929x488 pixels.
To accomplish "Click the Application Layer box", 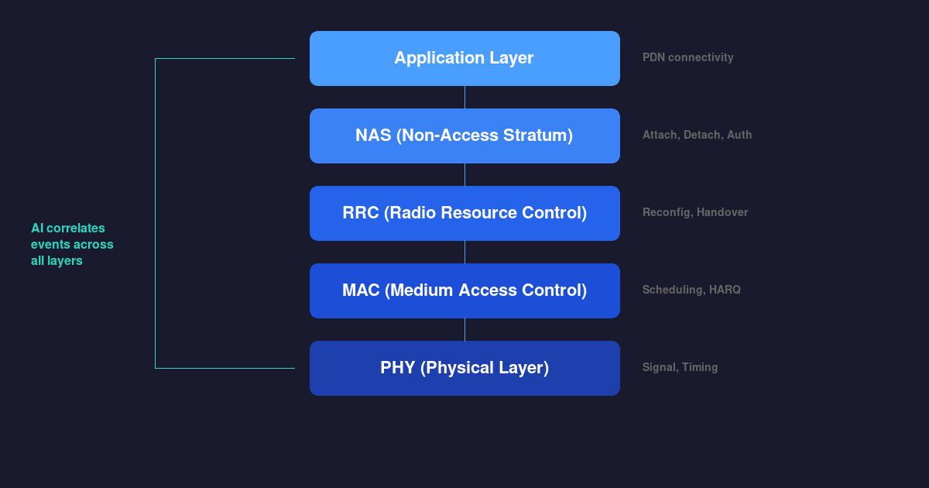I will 464,58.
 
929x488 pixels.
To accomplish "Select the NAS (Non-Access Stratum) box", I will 464,136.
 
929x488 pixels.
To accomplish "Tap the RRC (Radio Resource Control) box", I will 464,213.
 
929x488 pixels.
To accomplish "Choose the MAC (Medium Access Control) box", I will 464,290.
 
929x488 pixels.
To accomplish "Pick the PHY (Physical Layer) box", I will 464,368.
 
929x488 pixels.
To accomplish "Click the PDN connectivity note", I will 687,57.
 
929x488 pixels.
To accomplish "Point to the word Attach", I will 660,135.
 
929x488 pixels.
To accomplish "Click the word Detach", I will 702,135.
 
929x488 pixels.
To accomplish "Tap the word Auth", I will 739,135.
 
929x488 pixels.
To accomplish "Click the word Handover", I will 722,212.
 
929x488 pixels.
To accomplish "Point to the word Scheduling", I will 672,290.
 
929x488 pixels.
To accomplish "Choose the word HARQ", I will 725,290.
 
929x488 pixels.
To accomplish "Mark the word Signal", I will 659,367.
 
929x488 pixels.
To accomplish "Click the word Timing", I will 700,367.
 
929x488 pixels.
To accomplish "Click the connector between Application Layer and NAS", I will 464,97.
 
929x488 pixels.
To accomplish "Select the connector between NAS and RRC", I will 464,174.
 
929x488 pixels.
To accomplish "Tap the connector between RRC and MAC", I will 464,252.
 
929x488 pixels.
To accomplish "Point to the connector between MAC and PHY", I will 464,329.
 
